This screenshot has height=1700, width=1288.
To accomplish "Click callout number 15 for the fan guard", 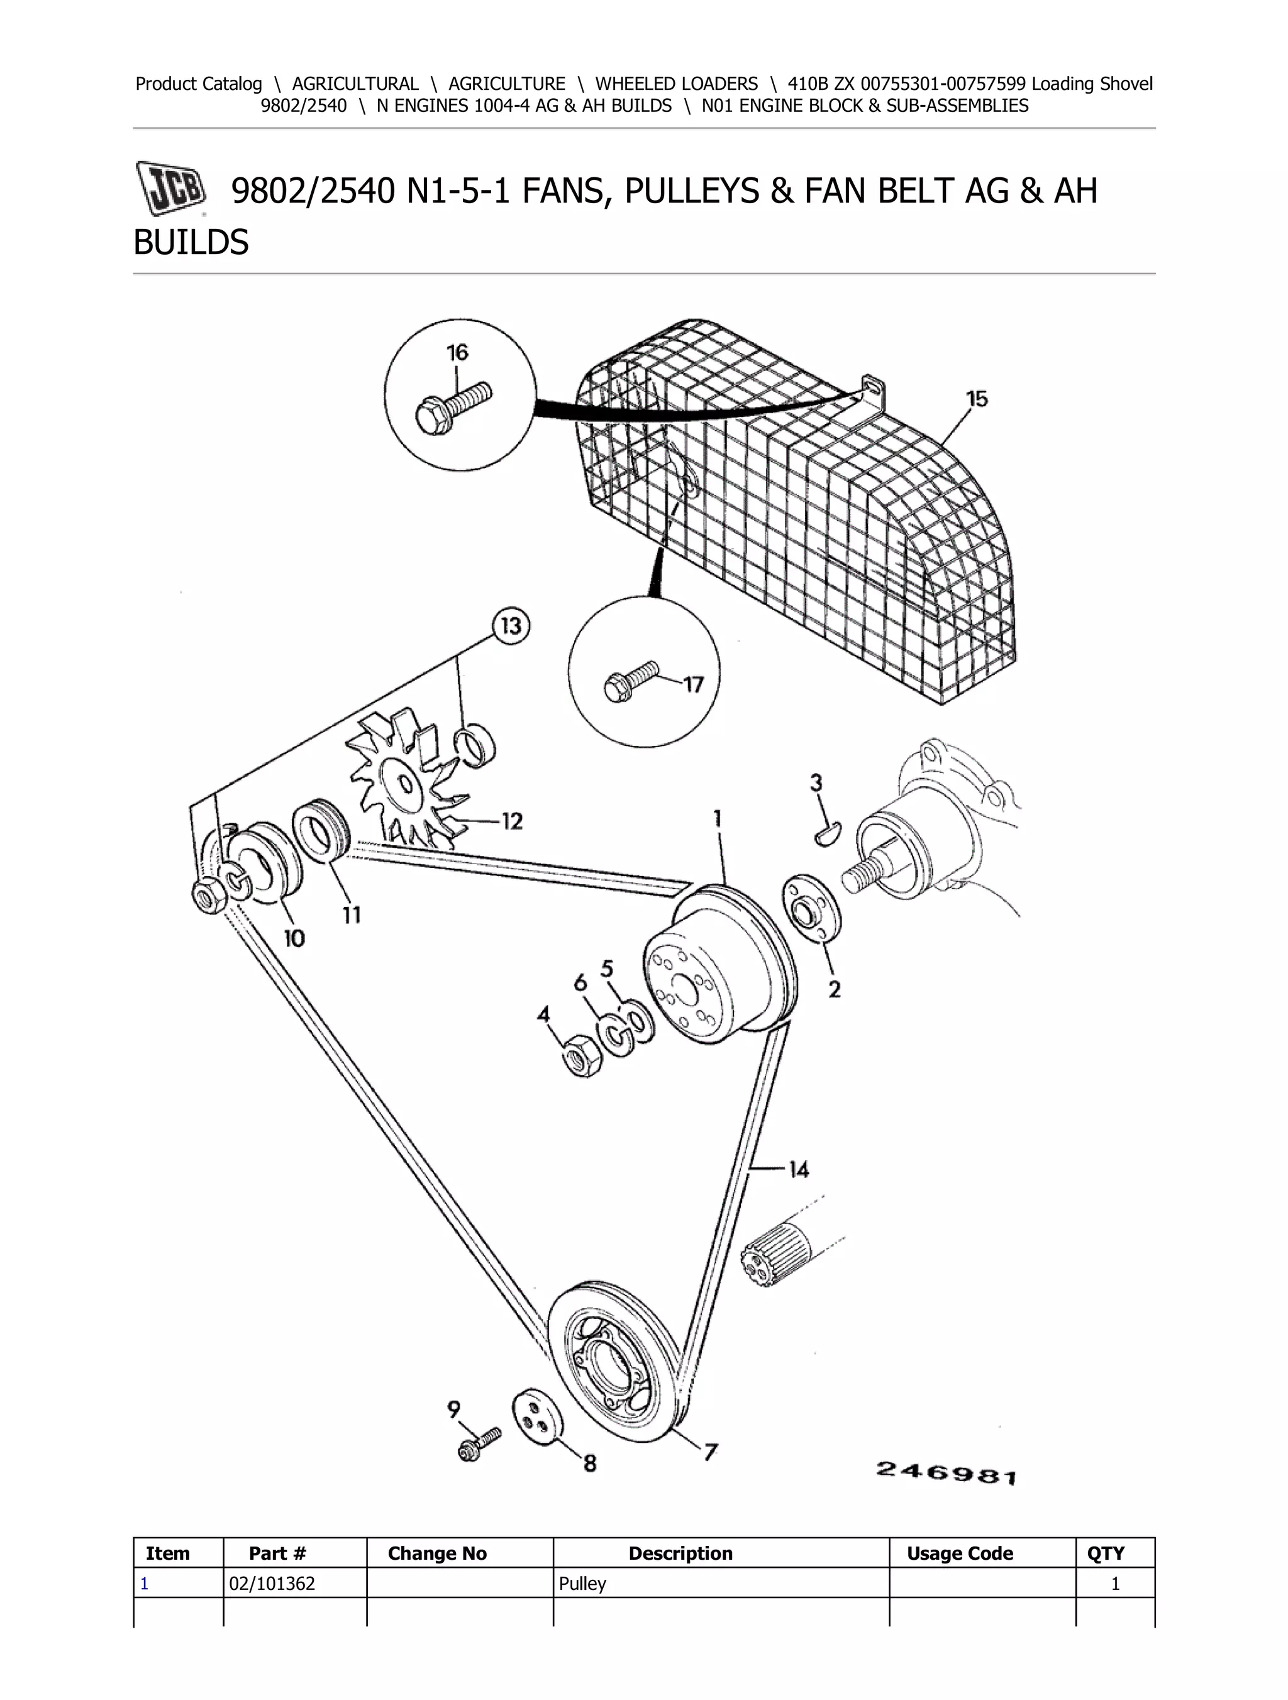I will [x=977, y=399].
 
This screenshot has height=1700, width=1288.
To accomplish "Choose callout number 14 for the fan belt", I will [x=799, y=1169].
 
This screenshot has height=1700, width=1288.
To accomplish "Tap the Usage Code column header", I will [x=960, y=1553].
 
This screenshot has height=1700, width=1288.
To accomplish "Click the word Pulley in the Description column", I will [x=582, y=1583].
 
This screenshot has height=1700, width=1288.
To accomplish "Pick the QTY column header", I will [x=1105, y=1553].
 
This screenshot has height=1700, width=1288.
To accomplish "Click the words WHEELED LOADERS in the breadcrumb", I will [x=676, y=84].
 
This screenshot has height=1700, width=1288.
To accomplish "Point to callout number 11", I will [x=351, y=914].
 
